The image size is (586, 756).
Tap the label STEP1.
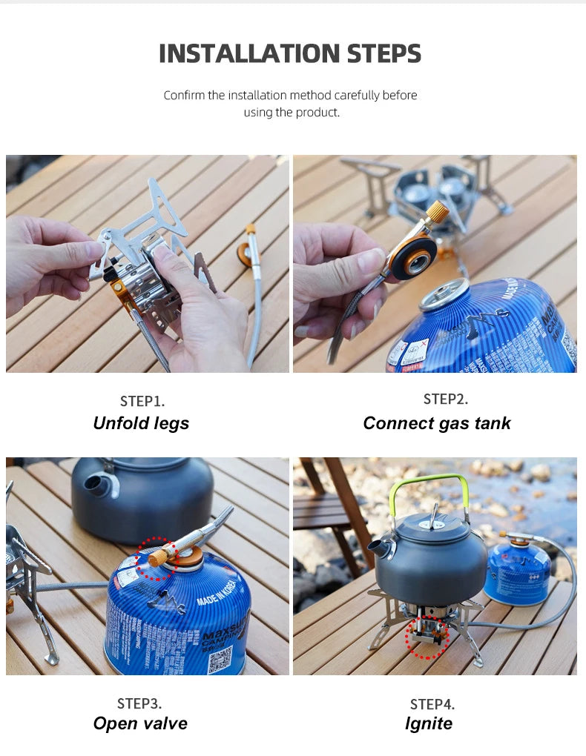142,401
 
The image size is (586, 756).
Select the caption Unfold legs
141,423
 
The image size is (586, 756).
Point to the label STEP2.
446,399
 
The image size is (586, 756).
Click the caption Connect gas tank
437,423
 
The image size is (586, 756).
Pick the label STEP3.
139,703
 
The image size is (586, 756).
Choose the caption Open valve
140,723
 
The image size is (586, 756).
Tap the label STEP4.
432,704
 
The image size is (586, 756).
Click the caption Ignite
429,723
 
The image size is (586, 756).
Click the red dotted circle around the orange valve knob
157,558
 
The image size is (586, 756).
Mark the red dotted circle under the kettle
427,637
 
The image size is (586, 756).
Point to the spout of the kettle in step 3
99,485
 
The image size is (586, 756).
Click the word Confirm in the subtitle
185,95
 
